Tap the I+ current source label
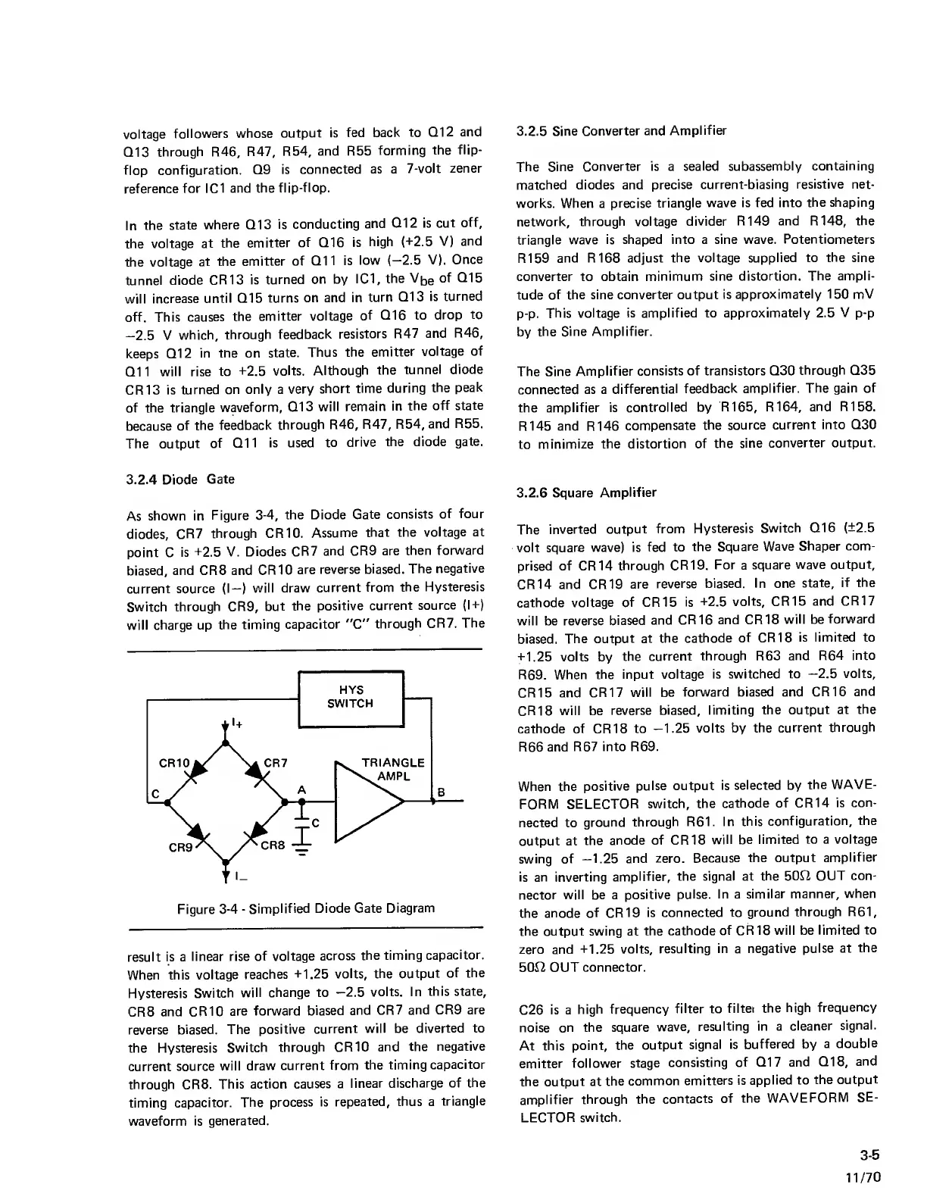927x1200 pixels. click(x=237, y=725)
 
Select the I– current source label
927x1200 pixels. click(x=238, y=878)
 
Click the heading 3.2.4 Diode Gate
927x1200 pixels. click(x=179, y=479)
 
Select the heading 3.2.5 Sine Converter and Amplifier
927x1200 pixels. click(x=621, y=131)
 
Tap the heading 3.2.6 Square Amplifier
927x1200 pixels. click(x=586, y=493)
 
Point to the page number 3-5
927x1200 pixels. click(x=869, y=1156)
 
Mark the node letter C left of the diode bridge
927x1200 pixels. click(x=154, y=794)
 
